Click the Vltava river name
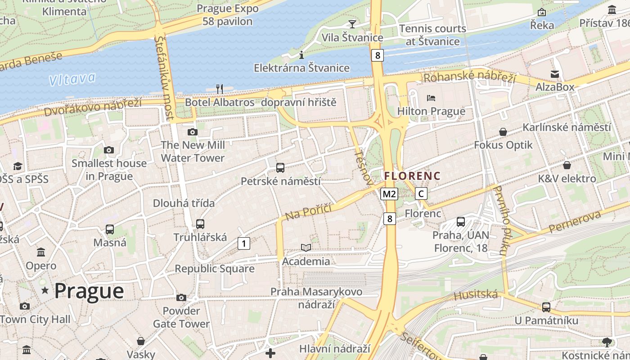(x=72, y=79)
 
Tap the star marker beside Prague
(x=45, y=291)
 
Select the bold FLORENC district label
(x=412, y=175)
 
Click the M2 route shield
(x=389, y=194)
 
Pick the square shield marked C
(x=421, y=194)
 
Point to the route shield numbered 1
(x=243, y=243)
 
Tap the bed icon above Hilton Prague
(x=431, y=98)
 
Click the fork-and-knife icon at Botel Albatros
(x=220, y=89)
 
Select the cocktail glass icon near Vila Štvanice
(x=352, y=24)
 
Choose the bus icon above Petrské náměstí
(x=280, y=168)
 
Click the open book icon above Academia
(x=306, y=247)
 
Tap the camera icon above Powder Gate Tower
(x=181, y=297)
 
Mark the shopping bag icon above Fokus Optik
(x=503, y=132)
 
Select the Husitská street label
(x=476, y=295)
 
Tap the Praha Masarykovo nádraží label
(x=316, y=298)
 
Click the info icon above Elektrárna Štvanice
(x=301, y=55)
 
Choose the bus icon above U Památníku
(x=546, y=307)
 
